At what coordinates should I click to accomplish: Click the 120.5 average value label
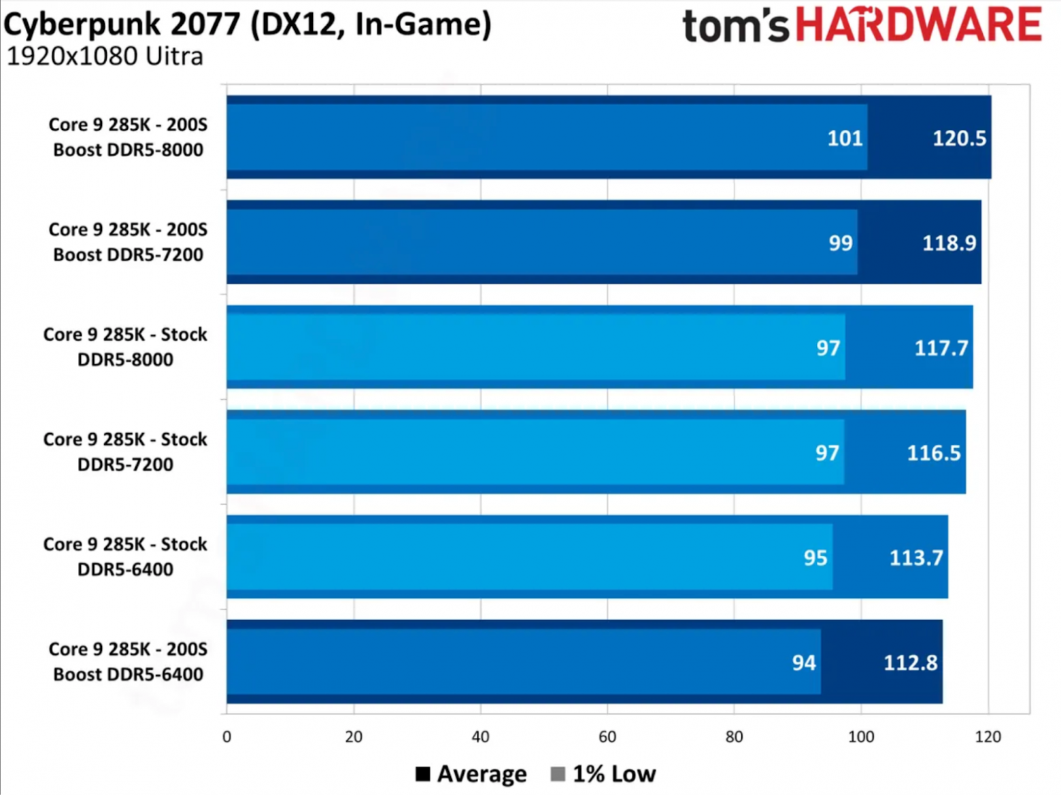pyautogui.click(x=958, y=139)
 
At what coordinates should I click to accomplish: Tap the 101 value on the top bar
pyautogui.click(x=845, y=139)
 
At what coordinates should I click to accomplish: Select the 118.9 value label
pyautogui.click(x=949, y=243)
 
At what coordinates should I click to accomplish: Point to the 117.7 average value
pyautogui.click(x=941, y=348)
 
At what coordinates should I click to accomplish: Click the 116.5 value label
pyautogui.click(x=934, y=453)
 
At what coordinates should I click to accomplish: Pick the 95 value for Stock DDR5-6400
pyautogui.click(x=815, y=558)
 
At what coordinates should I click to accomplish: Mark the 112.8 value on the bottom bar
pyautogui.click(x=910, y=662)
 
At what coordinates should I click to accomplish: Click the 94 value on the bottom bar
pyautogui.click(x=804, y=662)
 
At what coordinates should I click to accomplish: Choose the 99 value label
pyautogui.click(x=841, y=243)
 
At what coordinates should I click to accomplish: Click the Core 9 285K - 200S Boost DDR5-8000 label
pyautogui.click(x=128, y=137)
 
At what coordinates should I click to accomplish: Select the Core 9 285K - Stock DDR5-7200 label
pyautogui.click(x=125, y=452)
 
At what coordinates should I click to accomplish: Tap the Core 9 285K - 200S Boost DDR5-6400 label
pyautogui.click(x=128, y=661)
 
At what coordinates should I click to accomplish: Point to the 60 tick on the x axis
pyautogui.click(x=607, y=737)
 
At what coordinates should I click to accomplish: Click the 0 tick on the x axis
pyautogui.click(x=226, y=737)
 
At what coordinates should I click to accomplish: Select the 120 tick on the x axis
pyautogui.click(x=988, y=737)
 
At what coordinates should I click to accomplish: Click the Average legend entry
pyautogui.click(x=471, y=774)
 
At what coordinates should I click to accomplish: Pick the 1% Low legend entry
pyautogui.click(x=603, y=774)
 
